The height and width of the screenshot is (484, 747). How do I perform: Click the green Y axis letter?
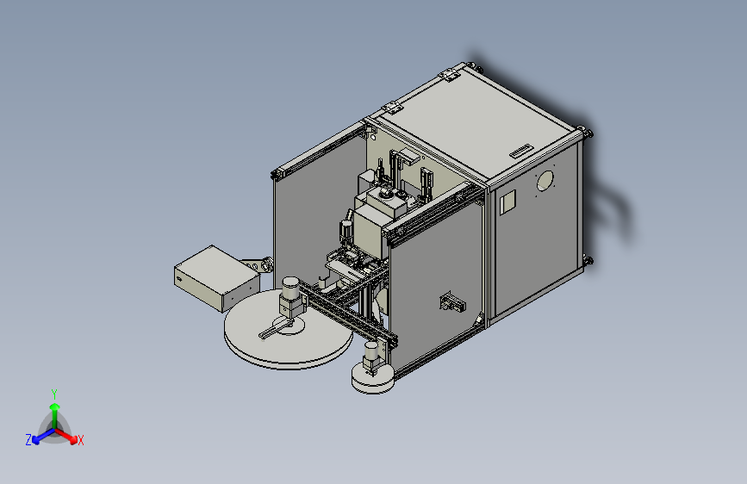tap(54, 394)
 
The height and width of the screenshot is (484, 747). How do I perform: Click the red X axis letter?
tap(81, 440)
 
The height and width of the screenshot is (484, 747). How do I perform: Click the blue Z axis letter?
tap(28, 440)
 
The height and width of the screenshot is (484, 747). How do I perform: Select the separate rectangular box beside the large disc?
tap(217, 278)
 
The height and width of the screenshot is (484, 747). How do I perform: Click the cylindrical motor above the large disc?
tap(290, 288)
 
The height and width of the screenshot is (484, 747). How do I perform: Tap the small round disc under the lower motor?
tap(373, 378)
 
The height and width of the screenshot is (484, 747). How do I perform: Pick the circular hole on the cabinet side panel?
tap(545, 181)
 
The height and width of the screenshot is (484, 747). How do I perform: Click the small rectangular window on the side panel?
tap(507, 202)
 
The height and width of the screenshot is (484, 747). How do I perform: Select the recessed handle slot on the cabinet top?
tap(521, 151)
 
